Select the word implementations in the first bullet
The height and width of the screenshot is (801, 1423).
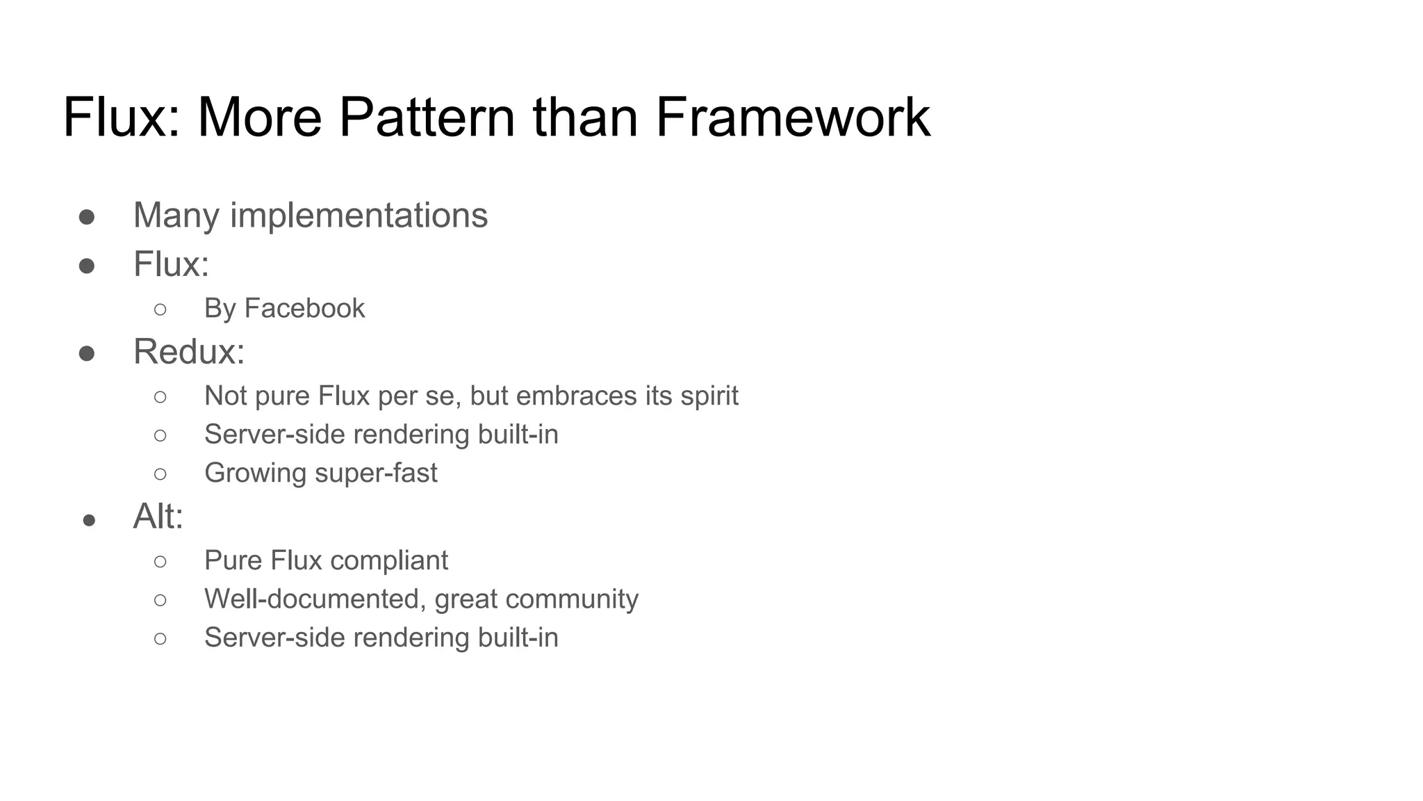coord(359,215)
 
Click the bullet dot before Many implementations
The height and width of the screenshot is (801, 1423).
coord(87,217)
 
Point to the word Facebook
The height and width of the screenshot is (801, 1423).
coord(304,308)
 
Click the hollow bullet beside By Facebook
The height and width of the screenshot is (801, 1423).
coord(161,309)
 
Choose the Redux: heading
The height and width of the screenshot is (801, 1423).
coord(189,351)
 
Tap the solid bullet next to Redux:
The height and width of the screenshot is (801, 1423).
coord(87,354)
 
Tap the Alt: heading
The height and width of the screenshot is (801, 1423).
coord(158,516)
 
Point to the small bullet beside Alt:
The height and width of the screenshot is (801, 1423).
coord(89,520)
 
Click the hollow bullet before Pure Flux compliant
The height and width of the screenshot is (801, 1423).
coord(161,561)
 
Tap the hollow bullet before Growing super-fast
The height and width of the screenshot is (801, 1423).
coord(161,474)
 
